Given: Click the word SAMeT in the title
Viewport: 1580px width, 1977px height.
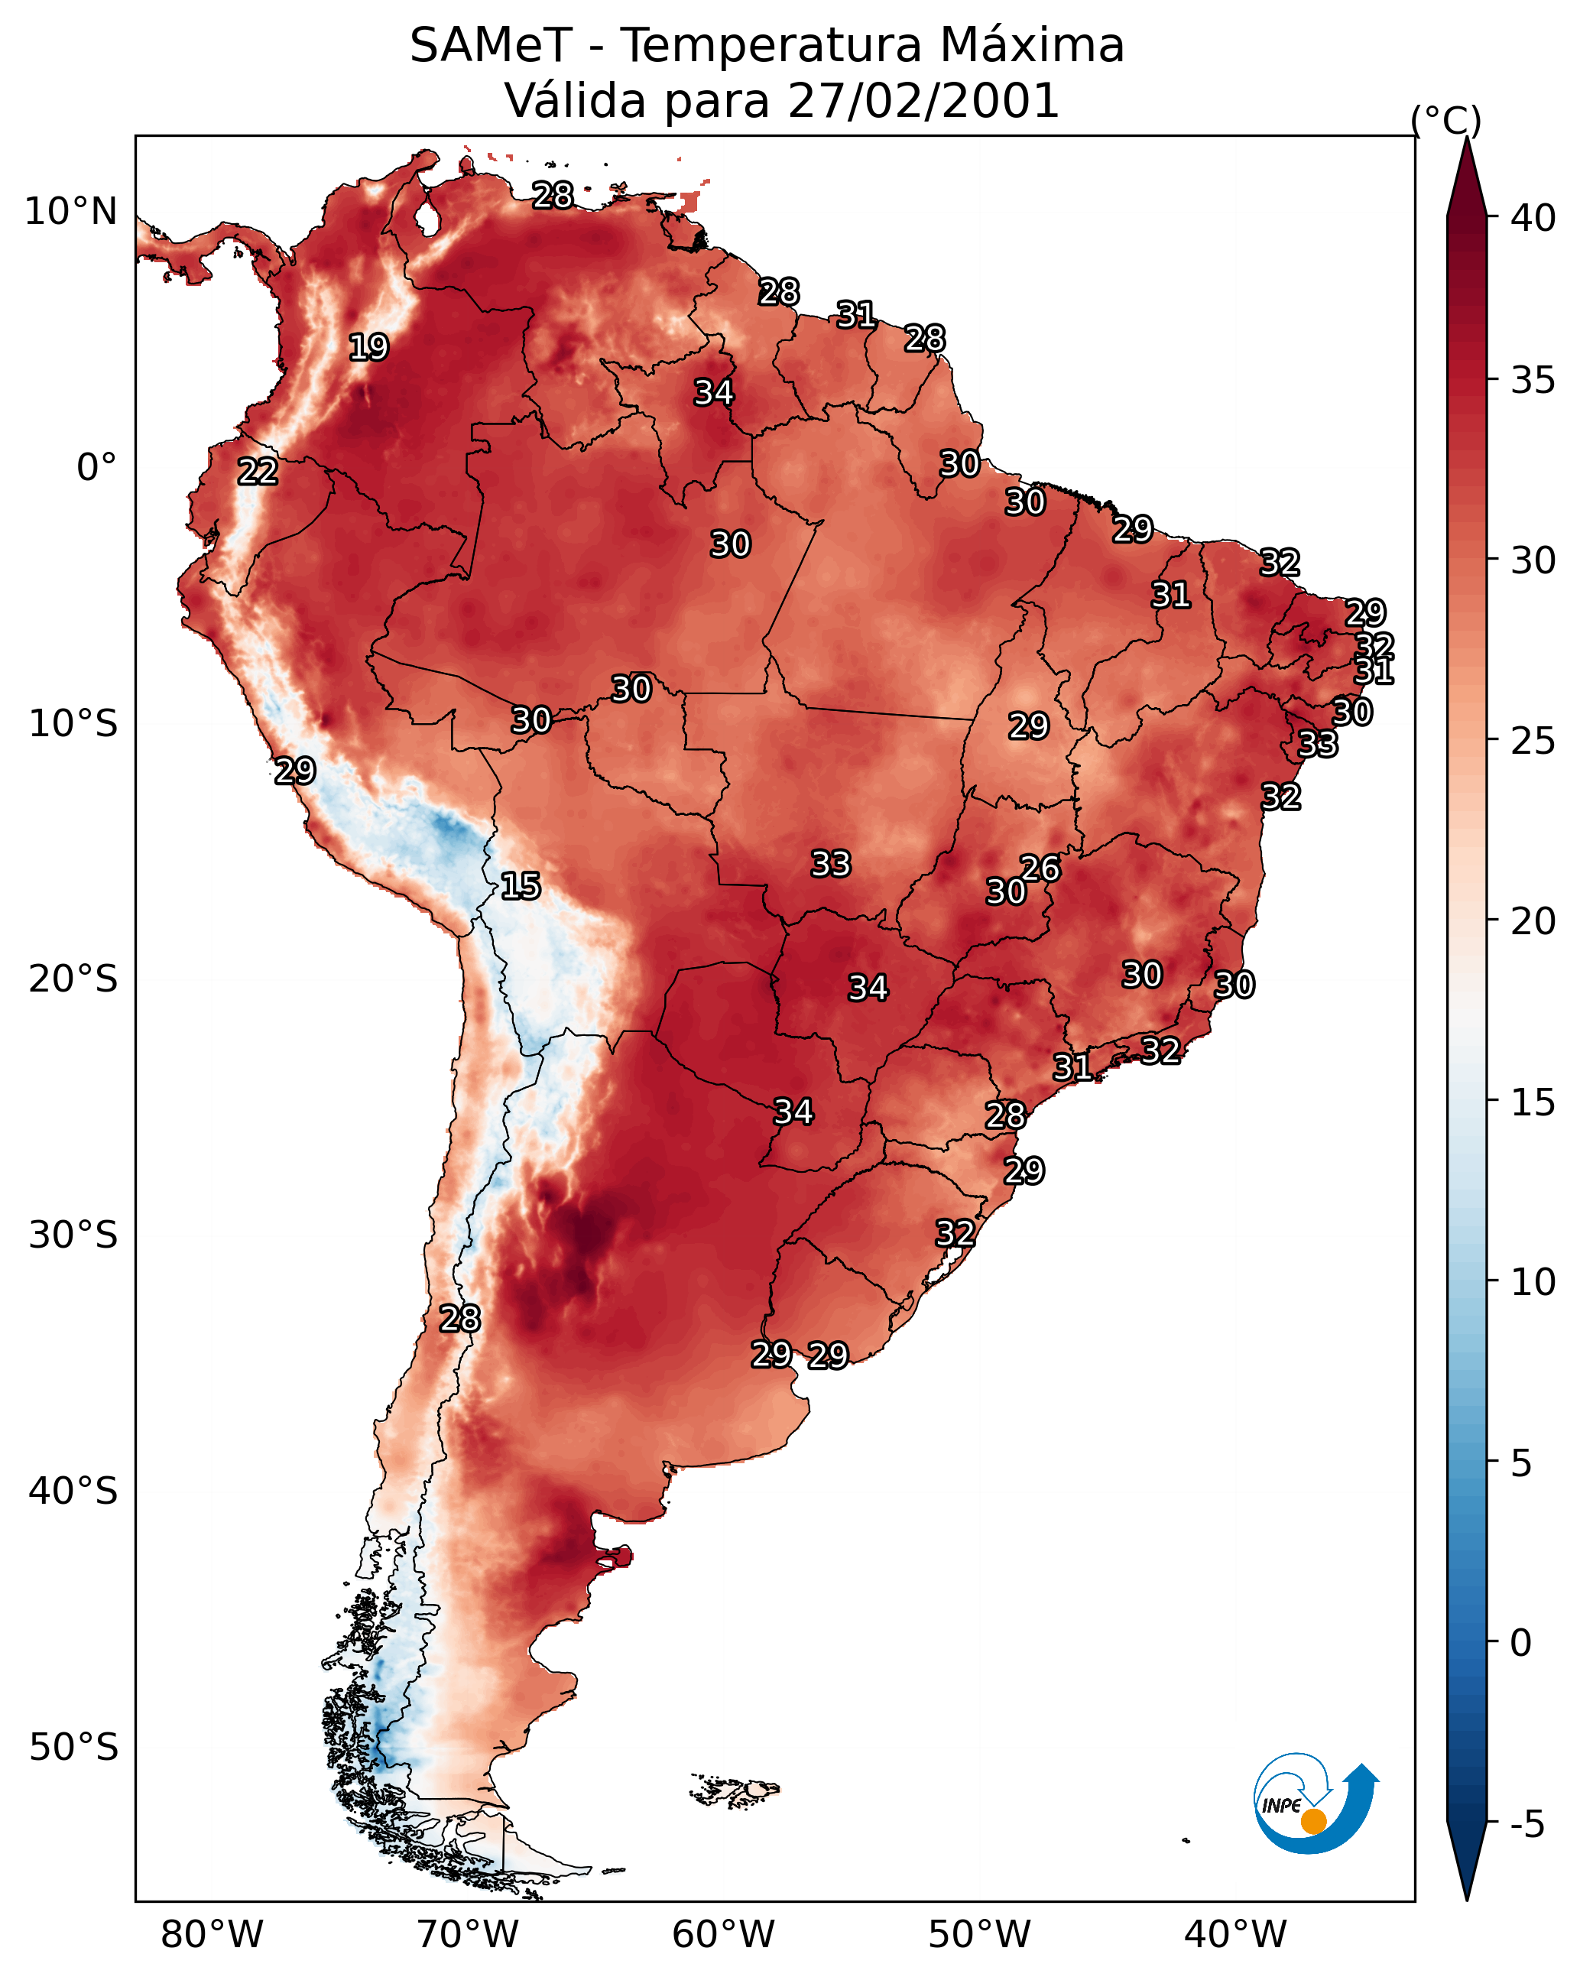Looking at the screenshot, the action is coord(491,46).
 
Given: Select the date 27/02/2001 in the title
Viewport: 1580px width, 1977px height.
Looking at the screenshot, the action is coord(923,101).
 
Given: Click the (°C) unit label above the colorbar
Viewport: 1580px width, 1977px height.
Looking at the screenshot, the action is coord(1446,120).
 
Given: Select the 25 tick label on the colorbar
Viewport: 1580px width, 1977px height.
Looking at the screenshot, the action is coord(1533,741).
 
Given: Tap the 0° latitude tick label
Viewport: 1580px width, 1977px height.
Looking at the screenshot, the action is coord(97,468).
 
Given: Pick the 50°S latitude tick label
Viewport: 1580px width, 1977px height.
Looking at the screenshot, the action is coord(73,1748).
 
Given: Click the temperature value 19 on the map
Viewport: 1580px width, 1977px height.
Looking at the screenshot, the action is coord(368,348).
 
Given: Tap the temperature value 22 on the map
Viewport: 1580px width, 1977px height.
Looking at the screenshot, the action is coord(258,472).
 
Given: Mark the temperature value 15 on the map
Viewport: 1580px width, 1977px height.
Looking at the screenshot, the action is coord(521,886).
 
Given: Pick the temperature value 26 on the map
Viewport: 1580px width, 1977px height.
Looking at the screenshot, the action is coord(1040,868).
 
